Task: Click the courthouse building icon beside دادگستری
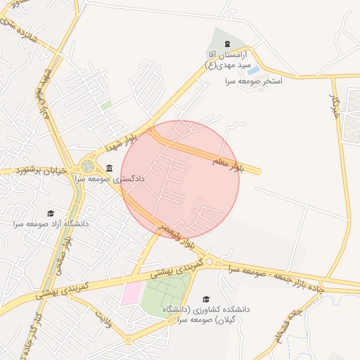[109, 169]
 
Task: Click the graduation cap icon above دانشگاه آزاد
[50, 213]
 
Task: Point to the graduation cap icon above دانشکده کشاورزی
[205, 300]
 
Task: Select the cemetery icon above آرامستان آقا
[227, 44]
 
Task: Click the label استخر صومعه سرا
[253, 82]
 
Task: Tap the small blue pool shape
[253, 70]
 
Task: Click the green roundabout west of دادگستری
[87, 167]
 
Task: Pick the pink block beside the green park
[130, 293]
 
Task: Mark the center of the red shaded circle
[181, 180]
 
